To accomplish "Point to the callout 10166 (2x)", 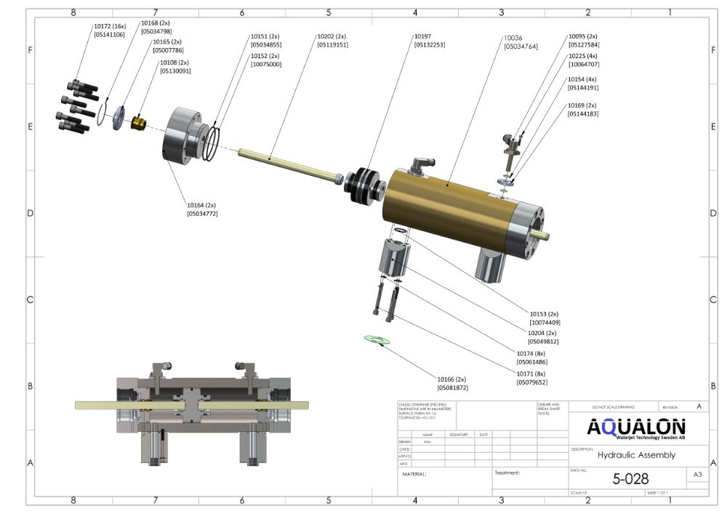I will [451, 379].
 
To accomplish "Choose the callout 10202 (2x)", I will [332, 36].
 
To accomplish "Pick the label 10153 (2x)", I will [545, 313].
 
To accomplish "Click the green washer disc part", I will [377, 340].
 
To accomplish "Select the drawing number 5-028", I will [630, 479].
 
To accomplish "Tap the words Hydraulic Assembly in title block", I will [636, 455].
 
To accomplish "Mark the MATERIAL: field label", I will [414, 474].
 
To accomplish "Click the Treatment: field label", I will [507, 473].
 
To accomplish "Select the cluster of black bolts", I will [77, 103].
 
